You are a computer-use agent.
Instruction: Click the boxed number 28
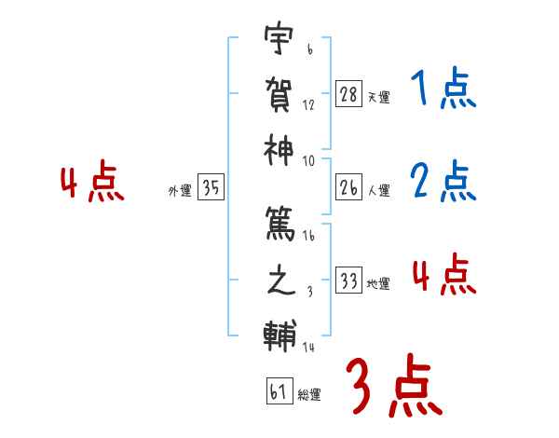(348, 94)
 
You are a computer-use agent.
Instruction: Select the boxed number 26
(348, 187)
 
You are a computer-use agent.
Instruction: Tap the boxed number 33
(348, 281)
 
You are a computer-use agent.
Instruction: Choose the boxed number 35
(211, 187)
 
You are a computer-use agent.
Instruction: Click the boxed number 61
(278, 391)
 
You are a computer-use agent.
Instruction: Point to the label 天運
(378, 97)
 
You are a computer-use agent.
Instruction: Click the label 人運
(378, 190)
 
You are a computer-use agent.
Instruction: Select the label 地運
(378, 283)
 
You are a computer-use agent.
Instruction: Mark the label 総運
(308, 394)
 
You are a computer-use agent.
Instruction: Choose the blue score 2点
(443, 182)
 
